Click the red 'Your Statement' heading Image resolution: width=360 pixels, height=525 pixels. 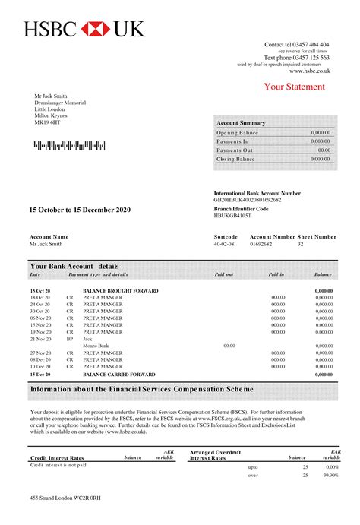point(295,87)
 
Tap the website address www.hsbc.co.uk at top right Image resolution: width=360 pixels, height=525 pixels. point(309,71)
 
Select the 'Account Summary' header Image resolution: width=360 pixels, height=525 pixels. point(241,123)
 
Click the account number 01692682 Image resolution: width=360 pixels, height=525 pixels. point(261,245)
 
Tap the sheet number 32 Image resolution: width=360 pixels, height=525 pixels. point(301,245)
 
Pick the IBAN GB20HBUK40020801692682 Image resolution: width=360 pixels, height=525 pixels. point(248,199)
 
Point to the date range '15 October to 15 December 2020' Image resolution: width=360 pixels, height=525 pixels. point(80,209)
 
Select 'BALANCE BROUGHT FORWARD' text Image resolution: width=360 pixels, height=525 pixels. point(121,291)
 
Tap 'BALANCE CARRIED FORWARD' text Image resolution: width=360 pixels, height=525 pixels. point(120,375)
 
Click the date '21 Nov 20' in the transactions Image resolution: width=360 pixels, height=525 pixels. point(40,339)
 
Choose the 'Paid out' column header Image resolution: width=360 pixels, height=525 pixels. point(224,274)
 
